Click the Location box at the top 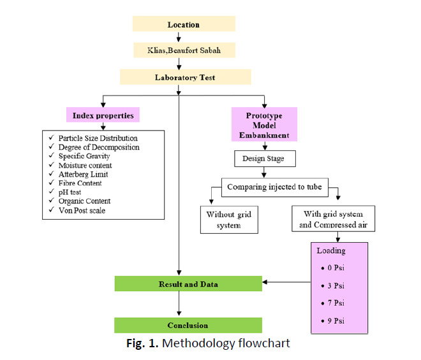tap(184, 24)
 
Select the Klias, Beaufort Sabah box tap(184, 50)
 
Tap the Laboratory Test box tap(185, 77)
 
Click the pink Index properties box tap(103, 115)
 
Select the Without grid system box tap(229, 220)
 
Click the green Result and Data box tap(188, 284)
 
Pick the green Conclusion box tap(188, 325)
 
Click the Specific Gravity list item tap(84, 156)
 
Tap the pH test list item tap(74, 192)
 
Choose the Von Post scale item tap(82, 210)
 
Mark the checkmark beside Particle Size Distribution tap(50, 138)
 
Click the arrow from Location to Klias tap(179, 37)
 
